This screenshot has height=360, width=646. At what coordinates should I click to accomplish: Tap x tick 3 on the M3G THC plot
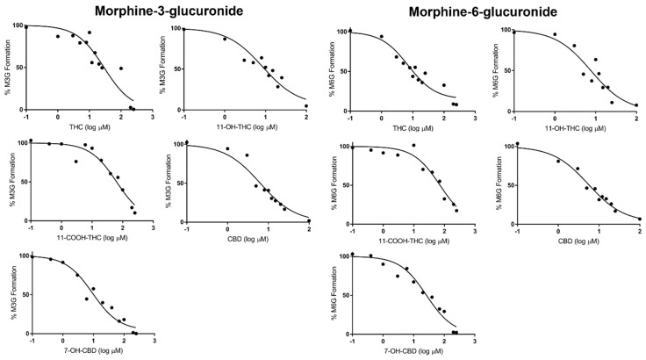click(x=153, y=116)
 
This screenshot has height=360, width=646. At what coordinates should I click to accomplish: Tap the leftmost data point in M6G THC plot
click(x=350, y=31)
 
